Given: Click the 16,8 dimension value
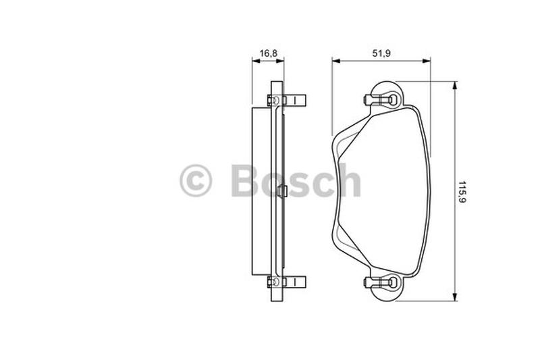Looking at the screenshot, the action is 268,53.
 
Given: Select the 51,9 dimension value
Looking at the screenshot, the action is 381,53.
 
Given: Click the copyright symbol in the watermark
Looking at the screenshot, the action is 196,180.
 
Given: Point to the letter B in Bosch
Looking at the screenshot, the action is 245,180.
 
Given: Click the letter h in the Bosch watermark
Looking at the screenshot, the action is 349,180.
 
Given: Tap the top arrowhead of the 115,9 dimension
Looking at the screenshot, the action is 455,85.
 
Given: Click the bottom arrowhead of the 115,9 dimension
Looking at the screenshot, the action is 455,297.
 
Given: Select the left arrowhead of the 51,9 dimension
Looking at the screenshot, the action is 336,61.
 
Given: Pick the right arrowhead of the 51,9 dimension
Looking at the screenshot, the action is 427,61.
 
